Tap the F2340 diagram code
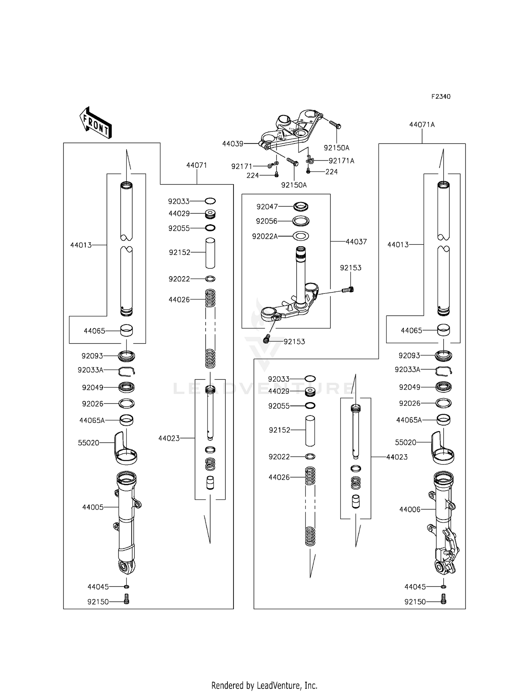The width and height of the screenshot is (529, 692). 440,97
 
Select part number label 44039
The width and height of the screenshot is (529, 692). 232,144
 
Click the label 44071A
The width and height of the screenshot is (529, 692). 422,125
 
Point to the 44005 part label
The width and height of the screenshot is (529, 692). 93,507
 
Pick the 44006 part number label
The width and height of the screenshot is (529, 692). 410,509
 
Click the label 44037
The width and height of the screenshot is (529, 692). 356,242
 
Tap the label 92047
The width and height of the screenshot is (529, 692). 267,207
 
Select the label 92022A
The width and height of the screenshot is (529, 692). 264,236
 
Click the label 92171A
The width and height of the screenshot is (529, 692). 341,161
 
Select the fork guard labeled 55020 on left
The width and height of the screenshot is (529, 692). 125,448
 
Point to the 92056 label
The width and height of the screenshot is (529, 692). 267,221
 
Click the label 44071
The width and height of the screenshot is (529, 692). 196,165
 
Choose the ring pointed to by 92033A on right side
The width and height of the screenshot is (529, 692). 444,370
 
